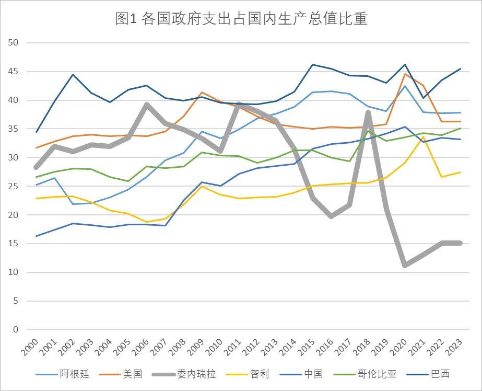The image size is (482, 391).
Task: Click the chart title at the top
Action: coord(241,19)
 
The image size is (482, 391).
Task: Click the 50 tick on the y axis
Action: coord(14,43)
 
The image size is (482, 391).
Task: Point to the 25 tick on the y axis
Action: coord(14,186)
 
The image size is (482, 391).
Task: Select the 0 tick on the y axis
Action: coord(16,329)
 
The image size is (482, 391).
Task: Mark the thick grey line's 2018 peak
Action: coord(368,113)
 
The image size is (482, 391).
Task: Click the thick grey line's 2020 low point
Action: coord(405,265)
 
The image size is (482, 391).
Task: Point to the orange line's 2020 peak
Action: coord(405,74)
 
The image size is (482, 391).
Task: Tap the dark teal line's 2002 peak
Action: coord(73,75)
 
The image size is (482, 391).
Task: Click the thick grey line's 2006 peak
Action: coord(148,105)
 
